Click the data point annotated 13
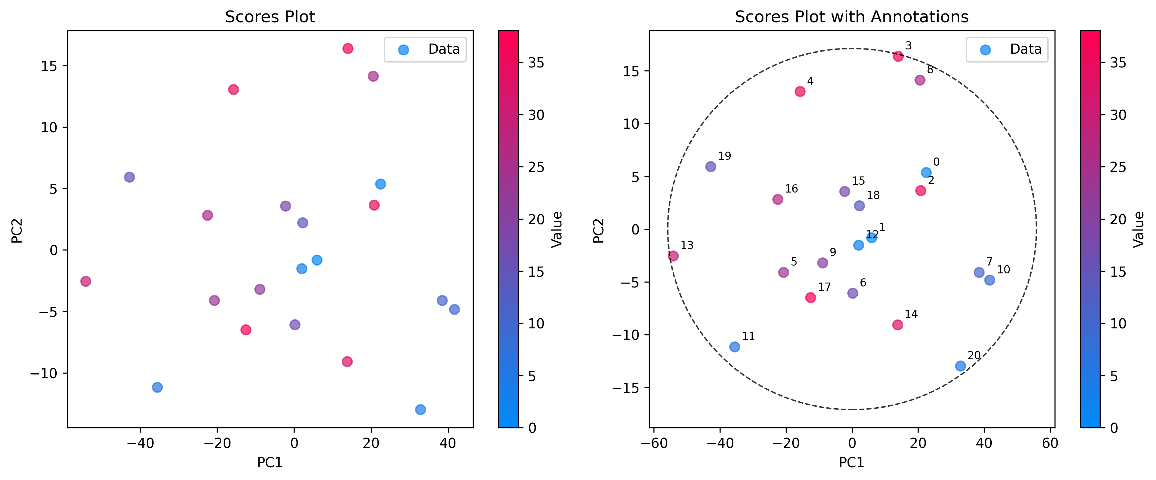coord(673,256)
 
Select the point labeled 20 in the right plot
coord(960,366)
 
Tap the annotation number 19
coord(724,156)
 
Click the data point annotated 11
coord(735,347)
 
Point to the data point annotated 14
coord(897,325)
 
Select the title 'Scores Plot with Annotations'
coord(851,17)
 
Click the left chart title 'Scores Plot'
coord(270,17)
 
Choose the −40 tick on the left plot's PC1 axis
coord(140,444)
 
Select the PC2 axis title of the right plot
coord(599,231)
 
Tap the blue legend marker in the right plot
coord(985,50)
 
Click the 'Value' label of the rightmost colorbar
coord(1139,229)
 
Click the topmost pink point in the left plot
coord(348,48)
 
